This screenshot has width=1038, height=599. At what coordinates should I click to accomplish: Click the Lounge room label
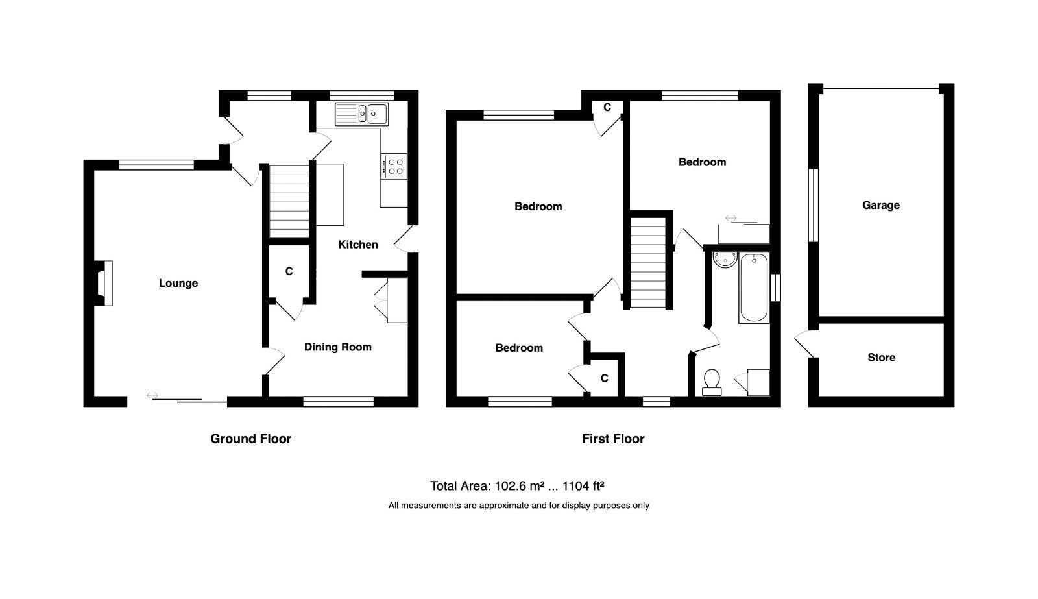pos(178,283)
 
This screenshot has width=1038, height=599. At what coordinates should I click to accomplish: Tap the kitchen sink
pos(361,114)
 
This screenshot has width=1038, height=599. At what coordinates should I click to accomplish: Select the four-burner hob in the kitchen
pos(394,166)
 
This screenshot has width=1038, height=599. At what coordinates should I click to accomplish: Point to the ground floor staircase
pos(289,201)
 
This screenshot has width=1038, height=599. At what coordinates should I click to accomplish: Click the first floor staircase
pos(648,263)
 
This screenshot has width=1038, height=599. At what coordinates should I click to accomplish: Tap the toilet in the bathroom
pos(711,382)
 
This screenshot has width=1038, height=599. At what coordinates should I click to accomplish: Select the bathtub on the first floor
pos(754,288)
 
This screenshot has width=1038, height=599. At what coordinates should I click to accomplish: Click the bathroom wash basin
pos(725,260)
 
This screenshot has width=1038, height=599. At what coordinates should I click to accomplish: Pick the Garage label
pos(881,205)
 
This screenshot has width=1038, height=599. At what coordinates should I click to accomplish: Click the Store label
pos(882,358)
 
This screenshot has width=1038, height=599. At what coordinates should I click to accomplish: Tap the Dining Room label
pos(338,347)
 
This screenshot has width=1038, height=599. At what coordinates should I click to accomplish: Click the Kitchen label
pos(358,244)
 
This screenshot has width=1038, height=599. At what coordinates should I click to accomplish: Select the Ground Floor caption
pos(250,439)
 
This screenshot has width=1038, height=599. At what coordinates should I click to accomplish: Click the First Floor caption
pos(613,439)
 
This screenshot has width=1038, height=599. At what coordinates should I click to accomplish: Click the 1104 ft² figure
pos(583,486)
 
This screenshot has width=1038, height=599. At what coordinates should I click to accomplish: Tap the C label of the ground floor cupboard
pos(289,271)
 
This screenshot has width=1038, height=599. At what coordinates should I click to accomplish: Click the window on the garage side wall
pos(814,205)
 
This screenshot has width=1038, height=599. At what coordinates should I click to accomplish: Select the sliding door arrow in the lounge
pos(152,395)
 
